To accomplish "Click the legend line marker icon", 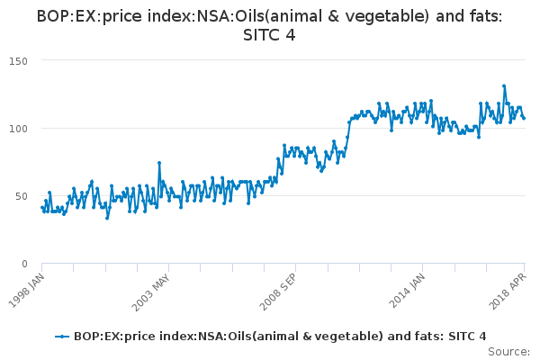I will pyautogui.click(x=62, y=336).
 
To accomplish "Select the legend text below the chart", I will pyautogui.click(x=281, y=336).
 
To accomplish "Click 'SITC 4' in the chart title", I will pyautogui.click(x=270, y=35).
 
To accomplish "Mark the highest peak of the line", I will pyautogui.click(x=504, y=86).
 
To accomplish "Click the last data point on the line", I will pyautogui.click(x=524, y=118).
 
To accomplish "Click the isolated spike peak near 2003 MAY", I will pyautogui.click(x=159, y=163).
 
